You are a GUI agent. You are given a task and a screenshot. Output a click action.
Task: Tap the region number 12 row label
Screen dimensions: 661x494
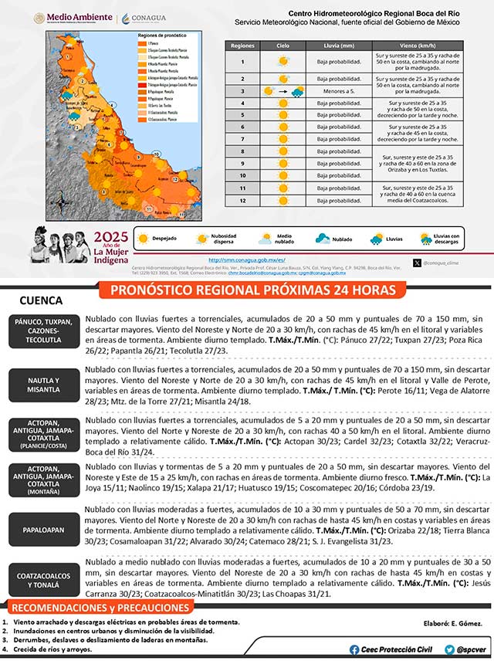click(x=242, y=200)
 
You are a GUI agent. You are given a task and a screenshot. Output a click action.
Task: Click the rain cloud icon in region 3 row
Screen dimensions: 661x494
click(x=297, y=91)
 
